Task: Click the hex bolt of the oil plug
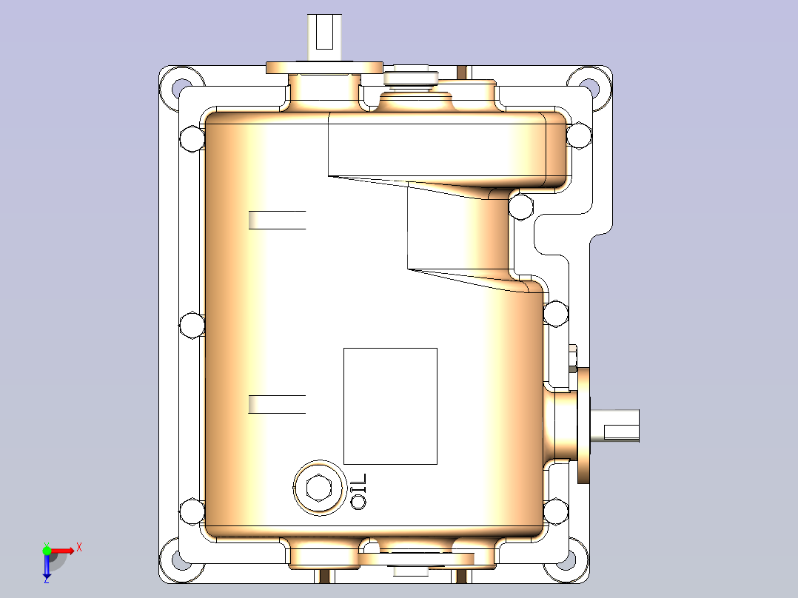(319, 487)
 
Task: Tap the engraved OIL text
(359, 484)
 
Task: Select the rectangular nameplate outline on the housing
(390, 406)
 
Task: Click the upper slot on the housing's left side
(277, 220)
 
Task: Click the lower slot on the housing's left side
(277, 404)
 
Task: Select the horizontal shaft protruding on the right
(618, 428)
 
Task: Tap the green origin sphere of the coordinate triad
(47, 550)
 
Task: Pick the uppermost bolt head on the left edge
(192, 138)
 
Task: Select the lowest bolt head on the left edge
(192, 510)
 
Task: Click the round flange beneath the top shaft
(324, 68)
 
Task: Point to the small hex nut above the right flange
(573, 357)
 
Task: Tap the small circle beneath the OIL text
(359, 503)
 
